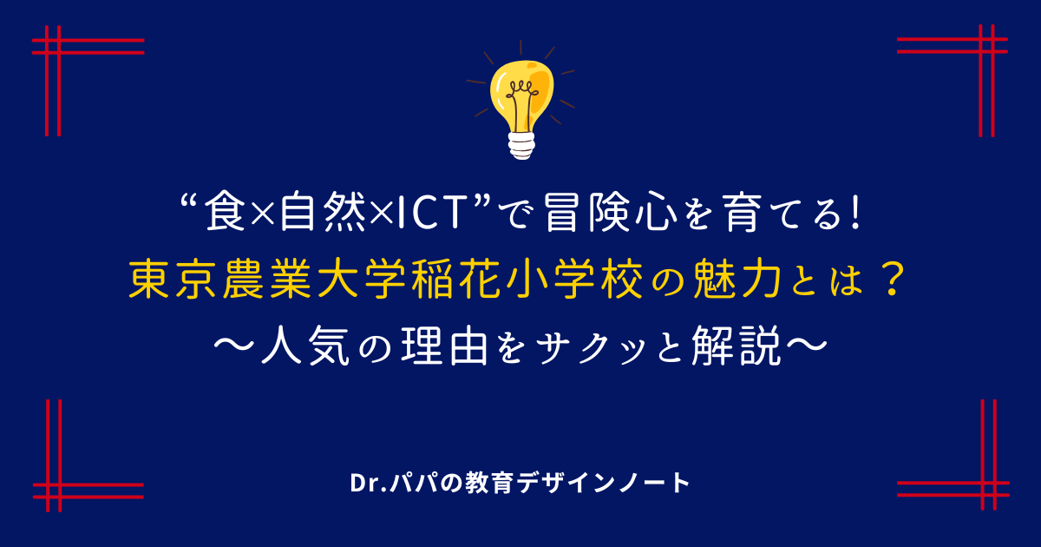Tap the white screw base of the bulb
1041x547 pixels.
click(521, 146)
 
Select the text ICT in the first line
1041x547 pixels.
click(432, 213)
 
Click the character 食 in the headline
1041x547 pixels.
click(226, 213)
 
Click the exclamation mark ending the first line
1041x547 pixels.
click(855, 213)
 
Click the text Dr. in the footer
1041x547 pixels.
click(367, 484)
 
